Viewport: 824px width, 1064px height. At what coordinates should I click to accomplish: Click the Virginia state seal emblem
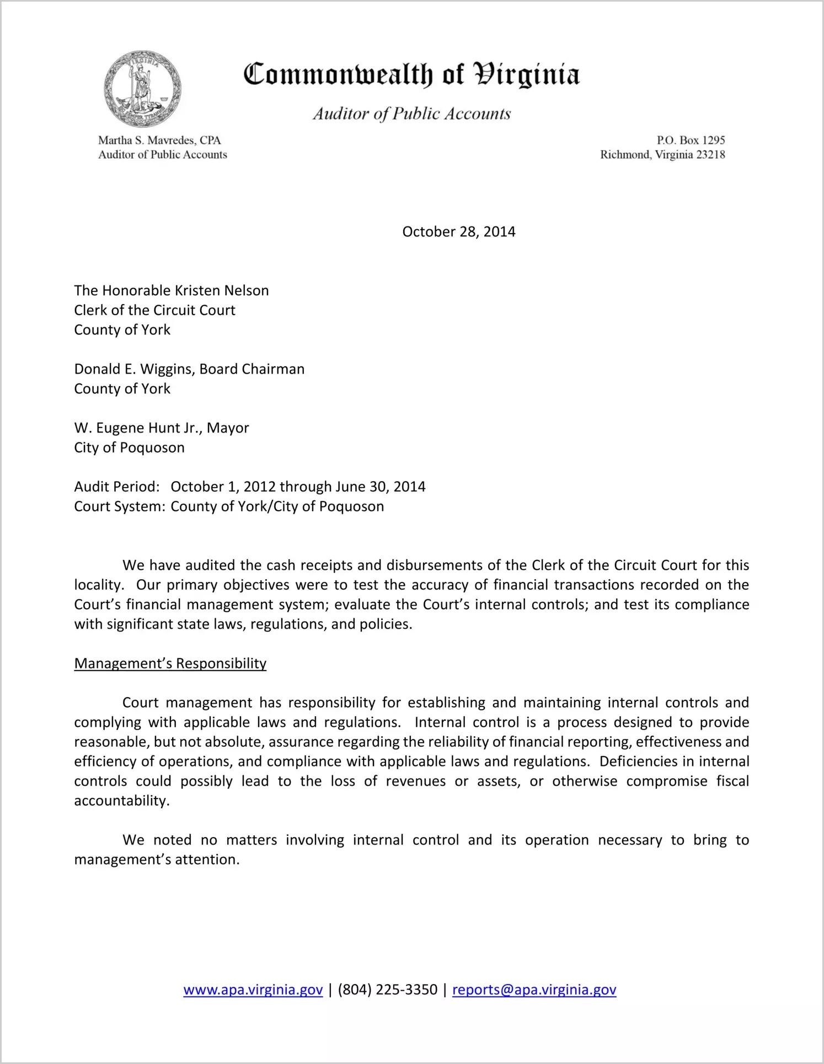click(142, 89)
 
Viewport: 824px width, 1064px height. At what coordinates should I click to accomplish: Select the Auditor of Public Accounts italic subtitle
click(411, 114)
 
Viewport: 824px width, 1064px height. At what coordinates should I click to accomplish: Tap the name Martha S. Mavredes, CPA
click(159, 141)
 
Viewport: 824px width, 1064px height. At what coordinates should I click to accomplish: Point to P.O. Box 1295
click(691, 141)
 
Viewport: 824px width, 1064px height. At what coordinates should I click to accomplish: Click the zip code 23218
click(710, 155)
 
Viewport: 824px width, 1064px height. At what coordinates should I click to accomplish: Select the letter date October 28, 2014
click(458, 232)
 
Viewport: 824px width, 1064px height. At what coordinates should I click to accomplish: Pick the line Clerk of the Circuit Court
click(154, 310)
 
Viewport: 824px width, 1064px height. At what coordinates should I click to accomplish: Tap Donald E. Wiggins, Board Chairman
click(189, 369)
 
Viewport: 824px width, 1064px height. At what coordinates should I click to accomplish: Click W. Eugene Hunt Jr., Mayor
click(162, 428)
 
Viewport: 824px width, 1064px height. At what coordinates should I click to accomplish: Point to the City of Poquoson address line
click(129, 447)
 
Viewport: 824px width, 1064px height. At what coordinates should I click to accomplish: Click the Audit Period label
click(117, 487)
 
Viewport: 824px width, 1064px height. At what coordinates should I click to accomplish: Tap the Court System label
click(119, 506)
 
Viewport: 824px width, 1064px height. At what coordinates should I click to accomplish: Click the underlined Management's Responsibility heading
click(170, 663)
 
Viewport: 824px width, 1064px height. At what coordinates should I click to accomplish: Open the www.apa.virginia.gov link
click(253, 990)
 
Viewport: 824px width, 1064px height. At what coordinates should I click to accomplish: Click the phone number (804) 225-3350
click(387, 990)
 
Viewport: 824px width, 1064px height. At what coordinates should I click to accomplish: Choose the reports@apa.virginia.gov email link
click(534, 990)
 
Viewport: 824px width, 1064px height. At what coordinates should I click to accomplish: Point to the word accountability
click(121, 801)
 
